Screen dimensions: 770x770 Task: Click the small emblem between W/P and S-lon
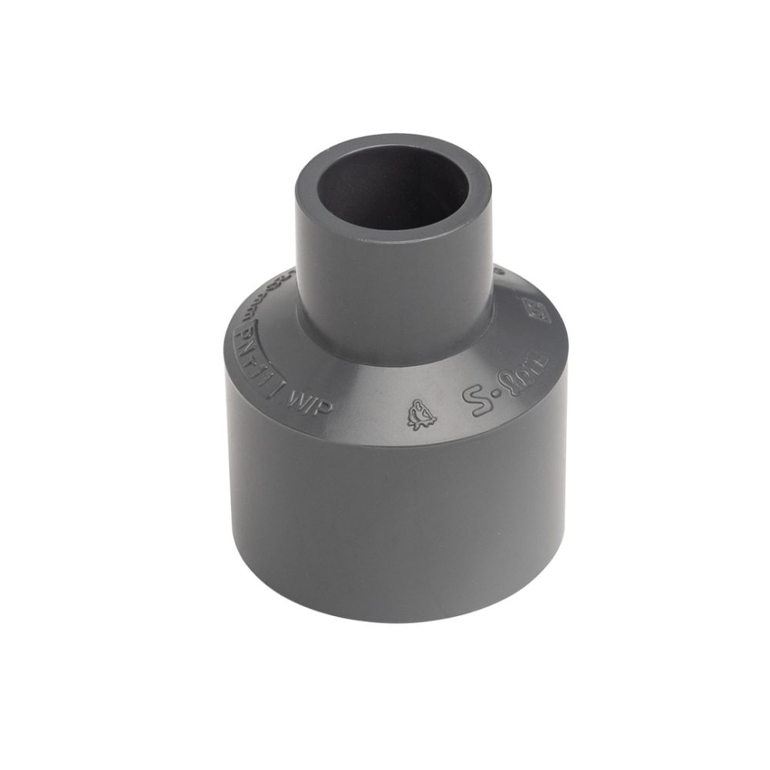click(420, 415)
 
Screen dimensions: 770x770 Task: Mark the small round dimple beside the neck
click(499, 269)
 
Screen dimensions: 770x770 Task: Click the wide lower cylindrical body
click(393, 508)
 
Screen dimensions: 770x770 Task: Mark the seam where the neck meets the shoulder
click(393, 362)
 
